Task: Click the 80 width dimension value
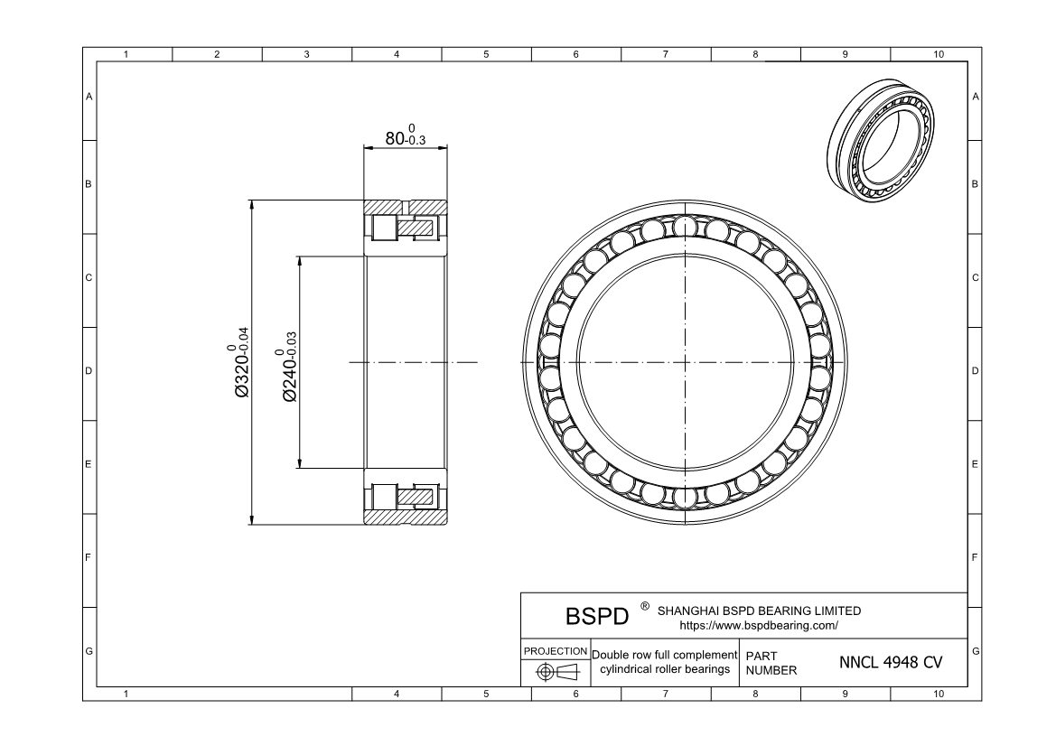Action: coord(395,138)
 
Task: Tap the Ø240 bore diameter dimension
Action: coord(289,367)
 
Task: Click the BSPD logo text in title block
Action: coord(597,616)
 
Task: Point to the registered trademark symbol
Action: coord(644,607)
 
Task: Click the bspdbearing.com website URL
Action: coord(759,626)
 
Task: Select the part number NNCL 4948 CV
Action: coord(891,663)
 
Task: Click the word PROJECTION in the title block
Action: coord(556,651)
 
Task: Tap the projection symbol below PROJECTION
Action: coord(557,672)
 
